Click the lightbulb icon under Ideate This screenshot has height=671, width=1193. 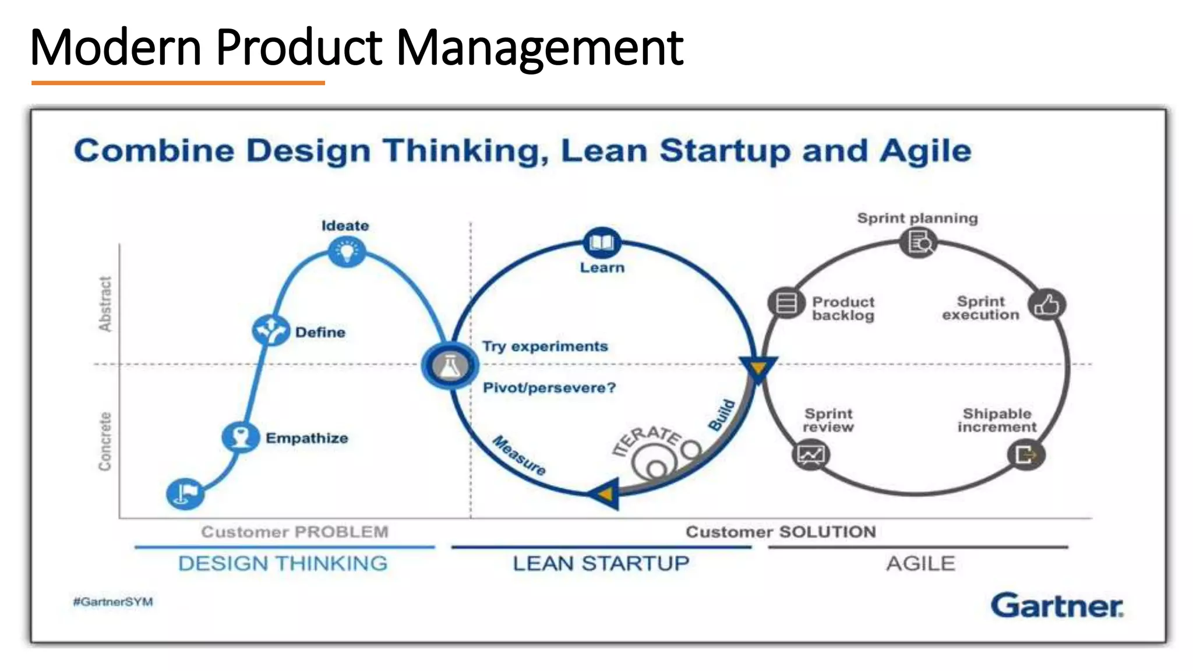click(347, 252)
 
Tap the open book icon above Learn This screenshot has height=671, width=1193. click(602, 242)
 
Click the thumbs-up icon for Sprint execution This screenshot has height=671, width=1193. click(1047, 305)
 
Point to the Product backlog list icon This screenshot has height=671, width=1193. click(786, 303)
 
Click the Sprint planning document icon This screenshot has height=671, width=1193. click(919, 242)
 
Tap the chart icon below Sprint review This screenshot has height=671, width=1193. click(811, 455)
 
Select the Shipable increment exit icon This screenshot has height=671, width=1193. click(1026, 454)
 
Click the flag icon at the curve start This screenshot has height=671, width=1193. click(185, 493)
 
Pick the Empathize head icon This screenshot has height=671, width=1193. click(240, 437)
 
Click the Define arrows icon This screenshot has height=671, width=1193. click(270, 330)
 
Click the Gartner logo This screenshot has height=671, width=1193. click(1057, 606)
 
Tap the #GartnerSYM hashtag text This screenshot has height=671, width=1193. click(113, 602)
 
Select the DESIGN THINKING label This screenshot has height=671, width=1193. click(283, 563)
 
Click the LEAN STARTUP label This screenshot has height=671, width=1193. click(601, 563)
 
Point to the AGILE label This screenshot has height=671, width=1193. click(920, 563)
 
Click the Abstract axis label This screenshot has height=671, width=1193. click(105, 304)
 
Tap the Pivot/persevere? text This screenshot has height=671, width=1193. click(549, 388)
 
